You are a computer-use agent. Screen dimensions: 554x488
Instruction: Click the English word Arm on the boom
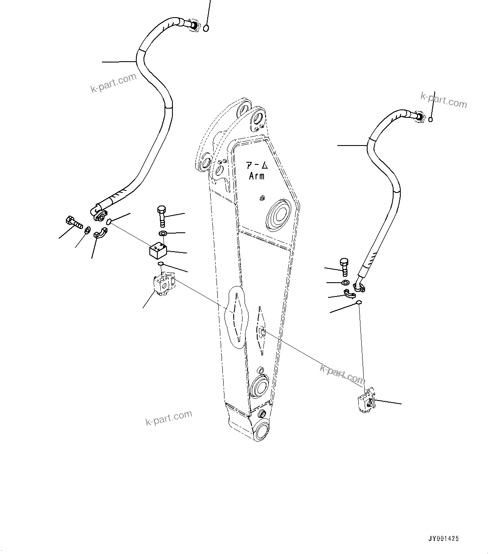[257, 176]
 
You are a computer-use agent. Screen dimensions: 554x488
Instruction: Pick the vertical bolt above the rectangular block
[162, 216]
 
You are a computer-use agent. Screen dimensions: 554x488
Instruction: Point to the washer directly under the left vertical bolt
[162, 233]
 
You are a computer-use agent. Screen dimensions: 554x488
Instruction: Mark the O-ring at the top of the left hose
[206, 28]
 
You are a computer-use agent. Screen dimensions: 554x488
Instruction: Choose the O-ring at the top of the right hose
[431, 120]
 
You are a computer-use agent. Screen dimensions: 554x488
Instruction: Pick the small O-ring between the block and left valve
[160, 264]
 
